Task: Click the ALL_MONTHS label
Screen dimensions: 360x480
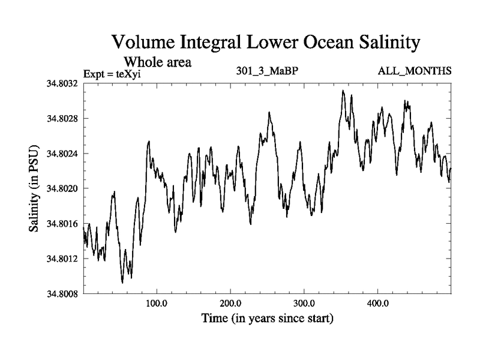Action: tap(414, 71)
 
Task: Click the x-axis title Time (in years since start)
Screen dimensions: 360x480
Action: tap(266, 319)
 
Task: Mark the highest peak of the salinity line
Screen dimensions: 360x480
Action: tap(343, 91)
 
